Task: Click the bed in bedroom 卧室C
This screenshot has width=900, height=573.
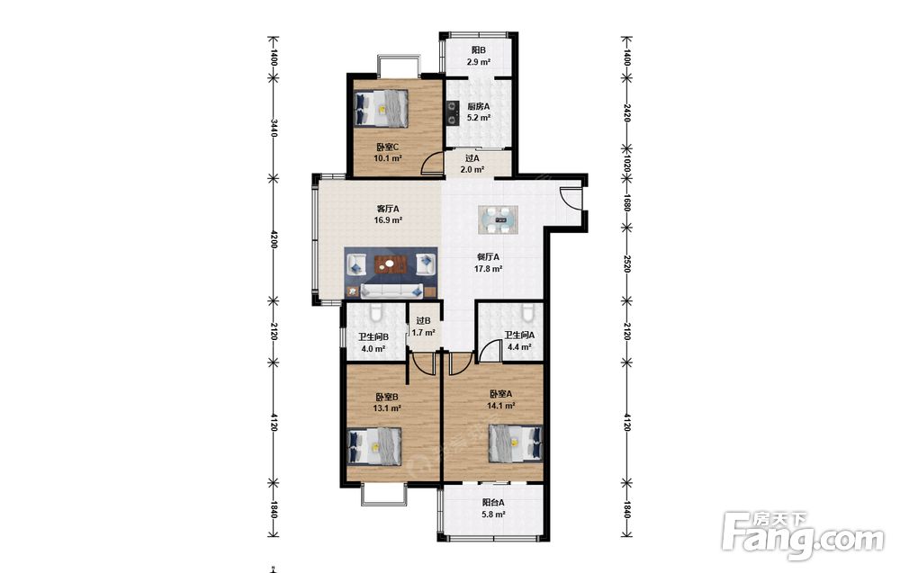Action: [382, 108]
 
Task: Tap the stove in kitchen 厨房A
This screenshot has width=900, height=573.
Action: [454, 112]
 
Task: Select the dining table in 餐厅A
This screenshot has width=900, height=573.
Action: [499, 219]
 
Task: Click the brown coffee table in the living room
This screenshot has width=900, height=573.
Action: [391, 265]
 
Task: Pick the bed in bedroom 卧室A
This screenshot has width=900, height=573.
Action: [516, 443]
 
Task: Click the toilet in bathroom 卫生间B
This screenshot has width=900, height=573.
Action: [376, 313]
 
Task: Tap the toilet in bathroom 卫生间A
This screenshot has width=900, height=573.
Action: [528, 313]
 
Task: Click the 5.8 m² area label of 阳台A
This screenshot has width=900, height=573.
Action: [493, 515]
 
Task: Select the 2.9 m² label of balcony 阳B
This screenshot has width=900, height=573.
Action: [478, 62]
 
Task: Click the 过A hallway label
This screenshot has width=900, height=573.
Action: [472, 158]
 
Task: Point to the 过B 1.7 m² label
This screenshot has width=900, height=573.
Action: [424, 327]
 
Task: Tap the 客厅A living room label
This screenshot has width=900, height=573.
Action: [388, 209]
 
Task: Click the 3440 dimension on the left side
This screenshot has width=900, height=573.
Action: [274, 128]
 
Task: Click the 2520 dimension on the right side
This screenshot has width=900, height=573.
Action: [627, 264]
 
